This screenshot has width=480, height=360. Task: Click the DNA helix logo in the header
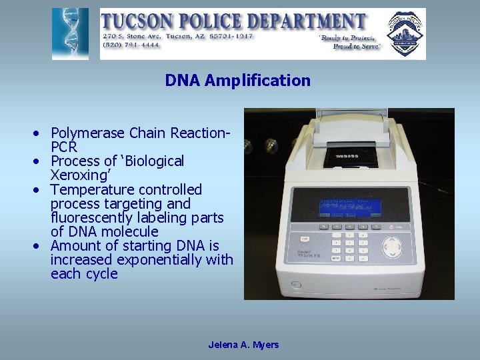69,33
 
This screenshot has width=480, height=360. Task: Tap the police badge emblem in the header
405,33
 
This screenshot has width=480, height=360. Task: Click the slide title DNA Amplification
238,81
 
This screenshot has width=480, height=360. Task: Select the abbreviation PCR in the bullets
64,146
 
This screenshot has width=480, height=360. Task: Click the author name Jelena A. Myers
243,345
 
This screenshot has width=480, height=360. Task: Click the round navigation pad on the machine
395,247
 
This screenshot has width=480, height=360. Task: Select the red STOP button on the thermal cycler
305,238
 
